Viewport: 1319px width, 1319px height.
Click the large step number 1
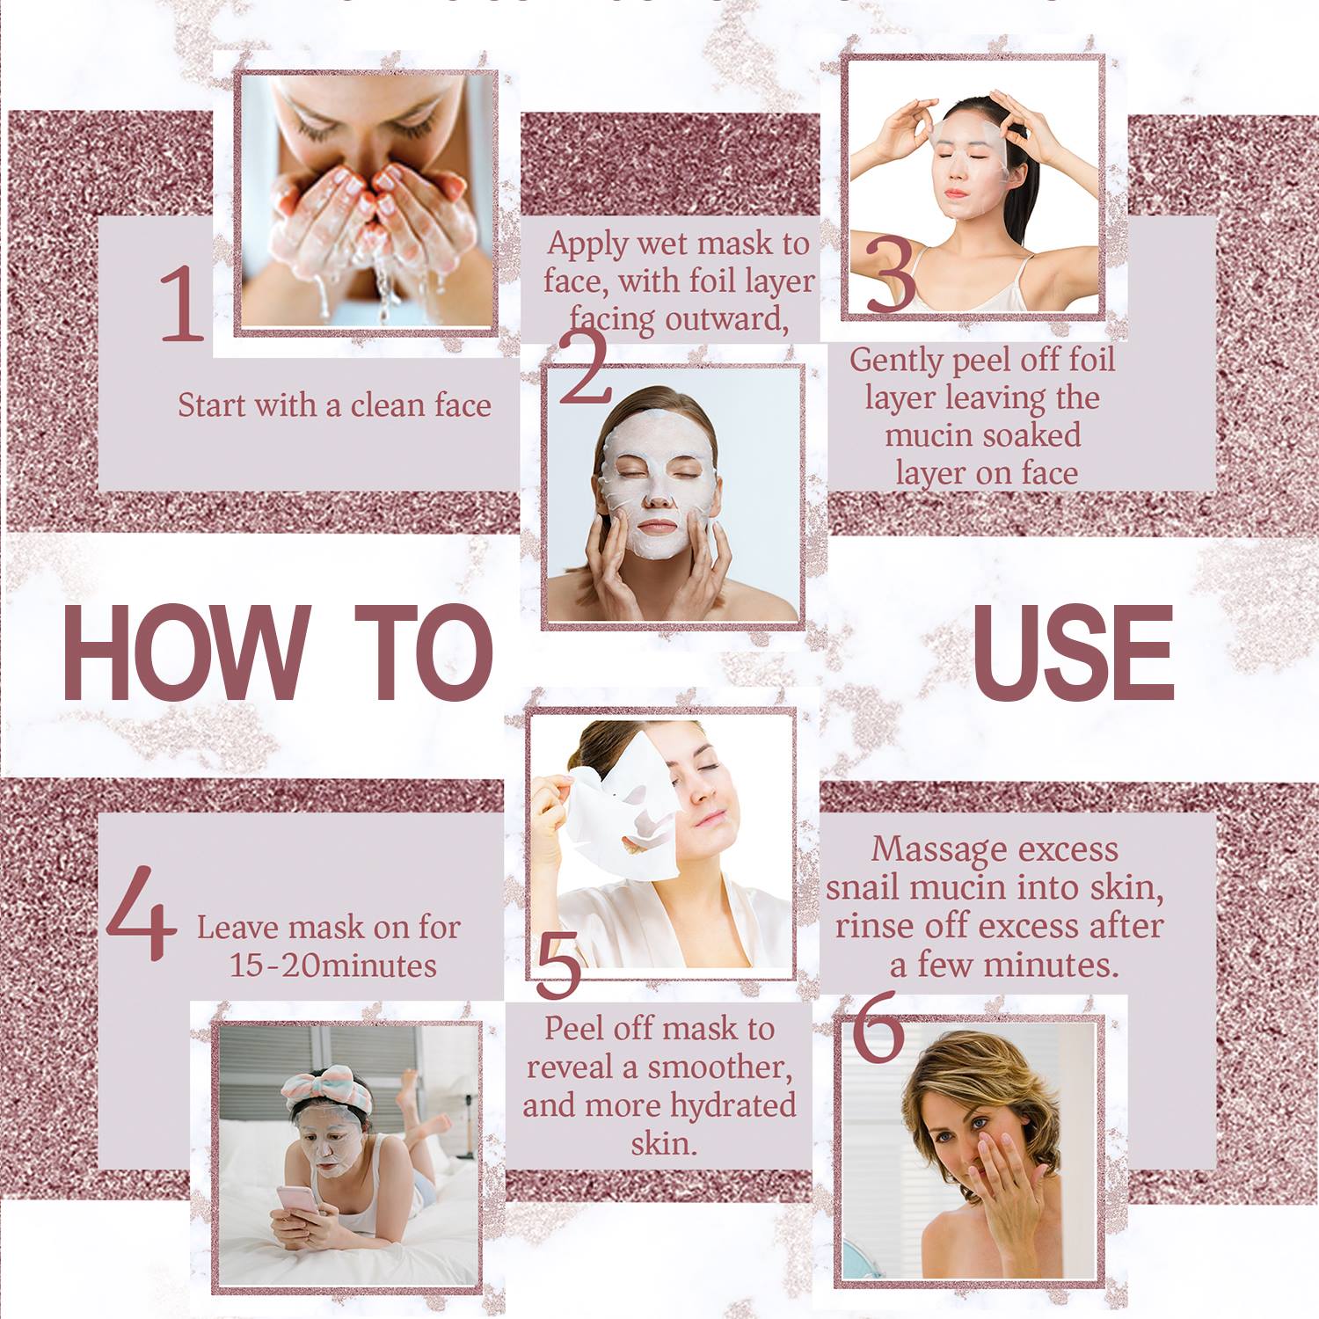(x=182, y=303)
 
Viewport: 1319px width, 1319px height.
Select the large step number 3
(x=891, y=273)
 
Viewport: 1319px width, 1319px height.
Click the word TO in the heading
(x=423, y=652)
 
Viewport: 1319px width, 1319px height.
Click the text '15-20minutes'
(x=332, y=966)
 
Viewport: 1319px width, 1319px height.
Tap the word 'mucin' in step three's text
(x=929, y=435)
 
